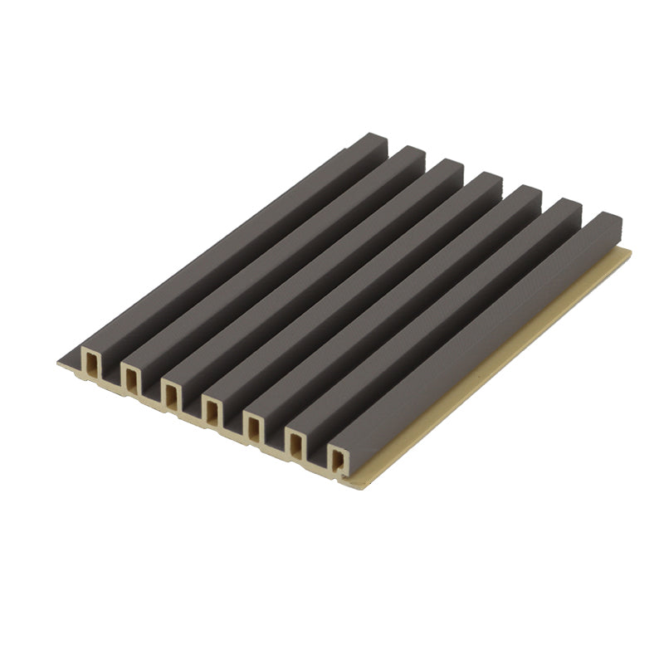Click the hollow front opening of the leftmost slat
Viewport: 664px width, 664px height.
90,364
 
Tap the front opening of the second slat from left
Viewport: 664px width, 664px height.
131,378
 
